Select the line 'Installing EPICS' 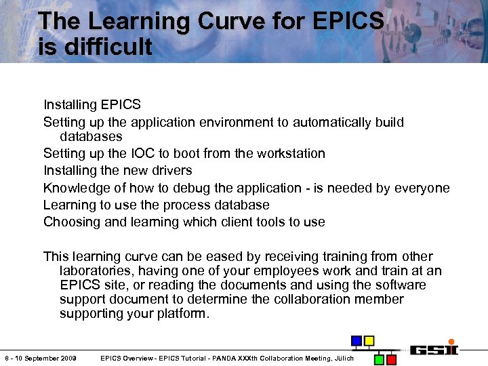coord(92,104)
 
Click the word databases coord(91,136)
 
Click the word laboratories coord(95,270)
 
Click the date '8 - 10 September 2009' coord(41,358)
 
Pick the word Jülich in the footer coord(344,358)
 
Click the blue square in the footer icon coord(357,340)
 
